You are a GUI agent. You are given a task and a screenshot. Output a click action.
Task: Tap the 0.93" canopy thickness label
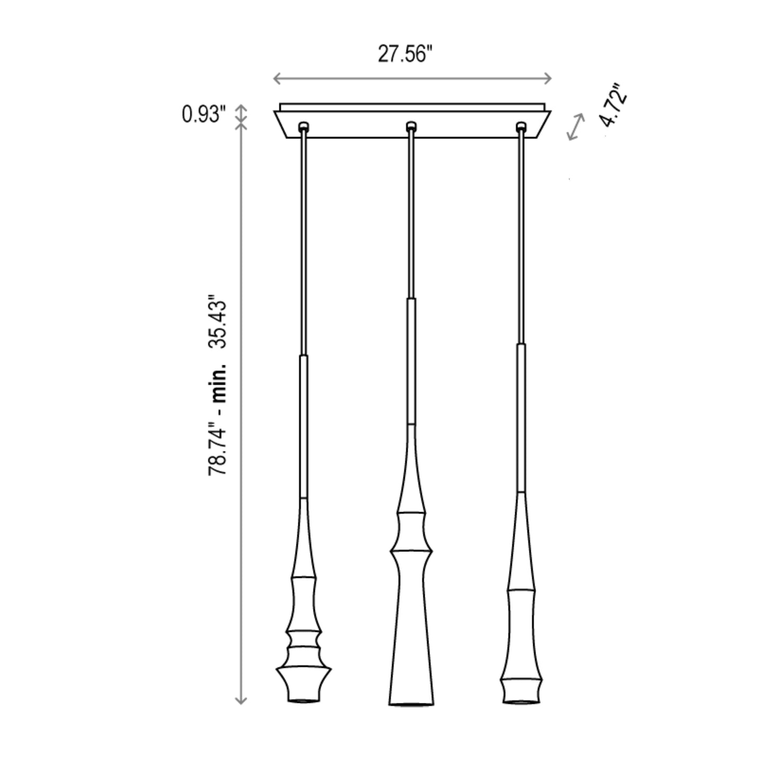coord(204,114)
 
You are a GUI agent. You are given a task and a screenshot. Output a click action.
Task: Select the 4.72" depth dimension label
coord(614,105)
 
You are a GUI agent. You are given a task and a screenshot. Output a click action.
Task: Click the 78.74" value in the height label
coord(219,448)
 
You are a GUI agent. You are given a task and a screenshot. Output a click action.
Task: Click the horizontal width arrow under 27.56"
coord(412,79)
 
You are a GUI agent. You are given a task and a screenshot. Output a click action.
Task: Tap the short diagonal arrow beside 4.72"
coord(576,127)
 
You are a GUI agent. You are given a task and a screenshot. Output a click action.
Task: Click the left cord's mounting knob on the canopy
coord(304,126)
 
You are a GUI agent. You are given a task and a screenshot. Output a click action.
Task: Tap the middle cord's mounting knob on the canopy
coord(411,126)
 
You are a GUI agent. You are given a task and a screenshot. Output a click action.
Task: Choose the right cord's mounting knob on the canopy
coord(522,126)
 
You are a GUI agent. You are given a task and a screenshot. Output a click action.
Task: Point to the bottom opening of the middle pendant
coord(411,705)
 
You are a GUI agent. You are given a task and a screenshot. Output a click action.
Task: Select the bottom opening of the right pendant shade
coord(521,701)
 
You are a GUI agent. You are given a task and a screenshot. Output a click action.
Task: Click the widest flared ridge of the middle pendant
coord(411,552)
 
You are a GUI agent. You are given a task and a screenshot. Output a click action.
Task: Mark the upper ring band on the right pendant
coord(521,590)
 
